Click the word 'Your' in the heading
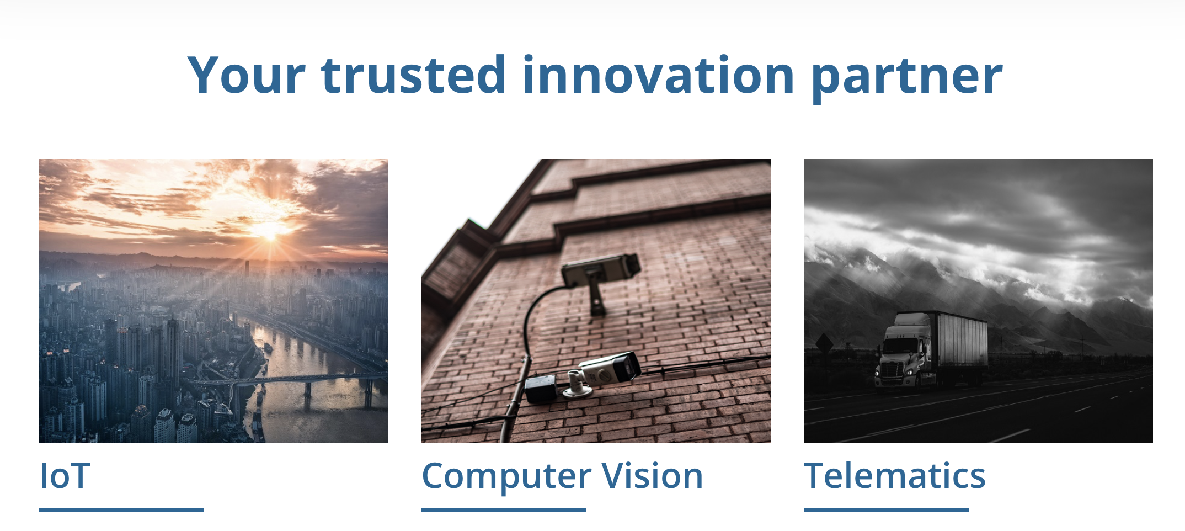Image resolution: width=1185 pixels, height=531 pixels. (x=247, y=75)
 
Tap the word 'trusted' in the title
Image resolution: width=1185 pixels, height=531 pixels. (x=413, y=75)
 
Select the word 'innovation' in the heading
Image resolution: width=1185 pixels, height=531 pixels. (x=658, y=75)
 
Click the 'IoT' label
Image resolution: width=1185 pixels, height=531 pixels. (x=65, y=476)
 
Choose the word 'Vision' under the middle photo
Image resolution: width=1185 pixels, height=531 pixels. (x=652, y=476)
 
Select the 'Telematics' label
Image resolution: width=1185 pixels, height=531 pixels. (x=894, y=476)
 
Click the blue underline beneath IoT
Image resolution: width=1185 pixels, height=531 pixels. (x=121, y=510)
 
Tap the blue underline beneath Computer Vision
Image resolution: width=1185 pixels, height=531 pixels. (x=504, y=510)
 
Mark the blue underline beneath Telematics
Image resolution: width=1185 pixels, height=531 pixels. (x=887, y=510)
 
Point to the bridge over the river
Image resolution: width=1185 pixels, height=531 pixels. (x=287, y=381)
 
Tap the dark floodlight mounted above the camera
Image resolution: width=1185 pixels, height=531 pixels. (x=600, y=270)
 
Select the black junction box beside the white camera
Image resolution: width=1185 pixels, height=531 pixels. (x=541, y=389)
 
